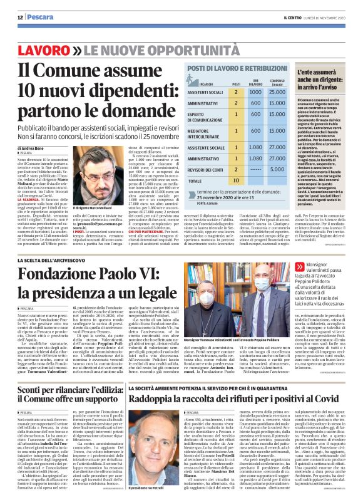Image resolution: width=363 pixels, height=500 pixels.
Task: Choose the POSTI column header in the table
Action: [236, 82]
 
